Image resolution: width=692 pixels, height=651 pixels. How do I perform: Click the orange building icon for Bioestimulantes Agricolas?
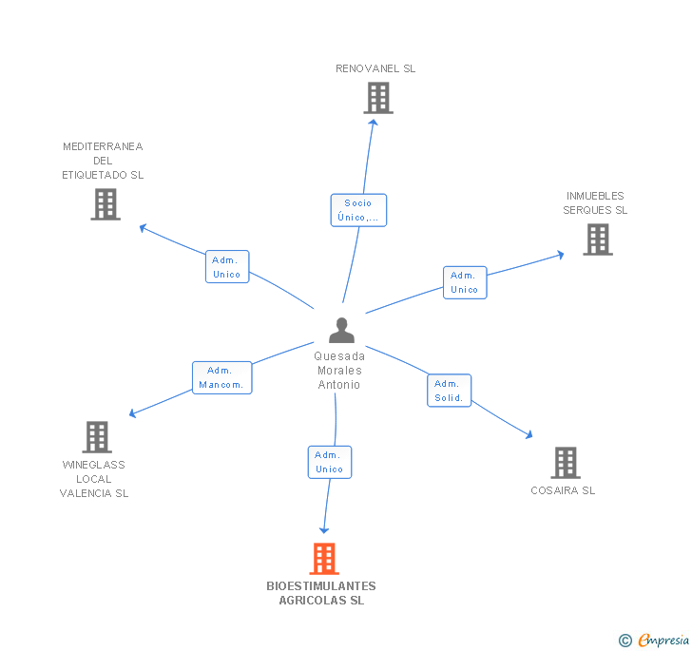(x=324, y=559)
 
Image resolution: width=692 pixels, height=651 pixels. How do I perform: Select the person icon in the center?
(x=341, y=330)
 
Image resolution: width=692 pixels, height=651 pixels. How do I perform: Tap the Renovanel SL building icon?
(x=377, y=98)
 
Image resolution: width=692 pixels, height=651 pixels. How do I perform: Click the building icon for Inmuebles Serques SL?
(x=597, y=239)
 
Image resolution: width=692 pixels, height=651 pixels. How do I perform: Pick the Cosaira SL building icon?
(x=565, y=463)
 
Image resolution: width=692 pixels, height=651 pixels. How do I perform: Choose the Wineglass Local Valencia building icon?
(x=97, y=437)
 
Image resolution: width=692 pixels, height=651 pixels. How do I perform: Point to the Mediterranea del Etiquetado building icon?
(x=106, y=203)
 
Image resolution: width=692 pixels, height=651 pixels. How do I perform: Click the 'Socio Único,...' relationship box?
(x=358, y=210)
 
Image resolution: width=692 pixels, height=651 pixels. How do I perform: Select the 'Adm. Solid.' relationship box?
(x=449, y=391)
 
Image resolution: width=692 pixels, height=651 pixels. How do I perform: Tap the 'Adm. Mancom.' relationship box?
(x=221, y=377)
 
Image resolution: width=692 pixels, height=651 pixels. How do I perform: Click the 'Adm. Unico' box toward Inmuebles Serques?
(x=464, y=282)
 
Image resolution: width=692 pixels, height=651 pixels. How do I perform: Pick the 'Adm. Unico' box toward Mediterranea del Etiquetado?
(x=226, y=267)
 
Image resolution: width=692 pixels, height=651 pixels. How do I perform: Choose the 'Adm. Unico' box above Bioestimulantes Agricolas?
(x=330, y=462)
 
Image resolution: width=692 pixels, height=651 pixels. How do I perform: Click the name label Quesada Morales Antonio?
(x=339, y=371)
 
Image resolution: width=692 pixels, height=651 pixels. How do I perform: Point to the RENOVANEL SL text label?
(x=375, y=68)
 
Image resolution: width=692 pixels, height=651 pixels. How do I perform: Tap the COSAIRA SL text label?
(x=563, y=490)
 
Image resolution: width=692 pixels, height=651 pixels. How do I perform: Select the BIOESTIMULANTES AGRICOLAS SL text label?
(x=321, y=593)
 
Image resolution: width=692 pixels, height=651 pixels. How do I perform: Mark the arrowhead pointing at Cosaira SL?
(x=529, y=435)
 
